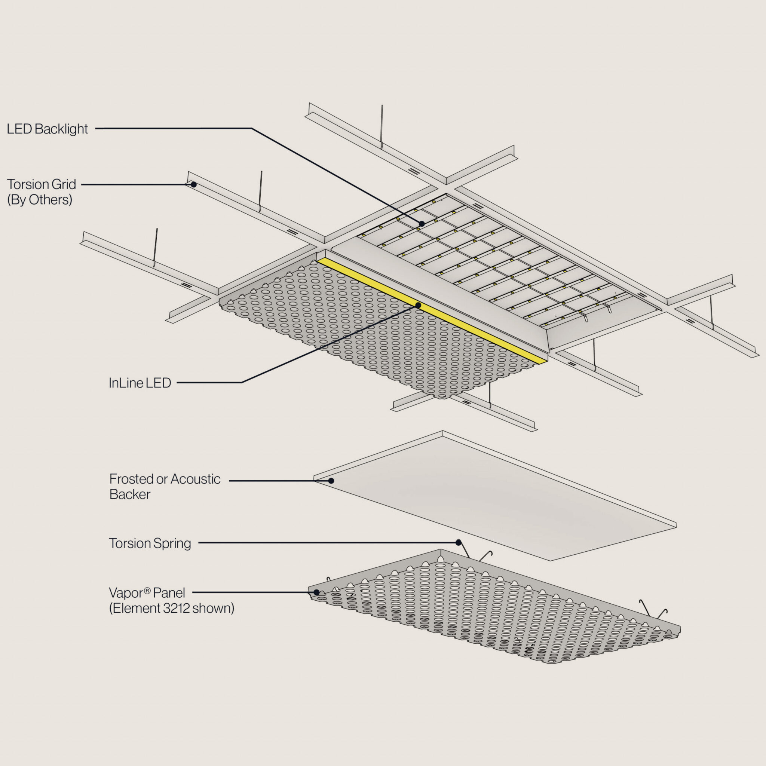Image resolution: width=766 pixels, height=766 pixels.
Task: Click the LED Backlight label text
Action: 47,129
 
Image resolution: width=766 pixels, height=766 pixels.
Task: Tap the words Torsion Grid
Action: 41,184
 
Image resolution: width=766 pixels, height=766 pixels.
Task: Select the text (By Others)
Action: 40,199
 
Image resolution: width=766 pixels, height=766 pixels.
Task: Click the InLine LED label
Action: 140,383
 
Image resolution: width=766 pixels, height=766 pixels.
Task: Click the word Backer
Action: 130,494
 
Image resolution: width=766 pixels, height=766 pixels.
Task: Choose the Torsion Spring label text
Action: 150,543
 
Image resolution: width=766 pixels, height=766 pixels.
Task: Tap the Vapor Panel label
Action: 147,593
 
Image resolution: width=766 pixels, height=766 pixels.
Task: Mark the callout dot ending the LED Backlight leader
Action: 422,224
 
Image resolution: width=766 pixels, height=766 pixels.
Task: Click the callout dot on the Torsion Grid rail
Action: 193,184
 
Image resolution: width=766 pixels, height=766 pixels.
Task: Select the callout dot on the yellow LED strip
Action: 418,305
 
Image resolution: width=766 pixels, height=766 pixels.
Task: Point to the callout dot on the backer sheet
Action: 331,481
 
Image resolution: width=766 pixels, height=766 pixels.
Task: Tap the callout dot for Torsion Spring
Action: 458,542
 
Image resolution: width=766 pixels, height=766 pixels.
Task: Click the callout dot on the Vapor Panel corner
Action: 316,592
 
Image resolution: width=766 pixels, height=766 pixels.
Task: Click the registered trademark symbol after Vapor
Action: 147,591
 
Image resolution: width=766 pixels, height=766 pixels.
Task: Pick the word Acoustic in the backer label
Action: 195,479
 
